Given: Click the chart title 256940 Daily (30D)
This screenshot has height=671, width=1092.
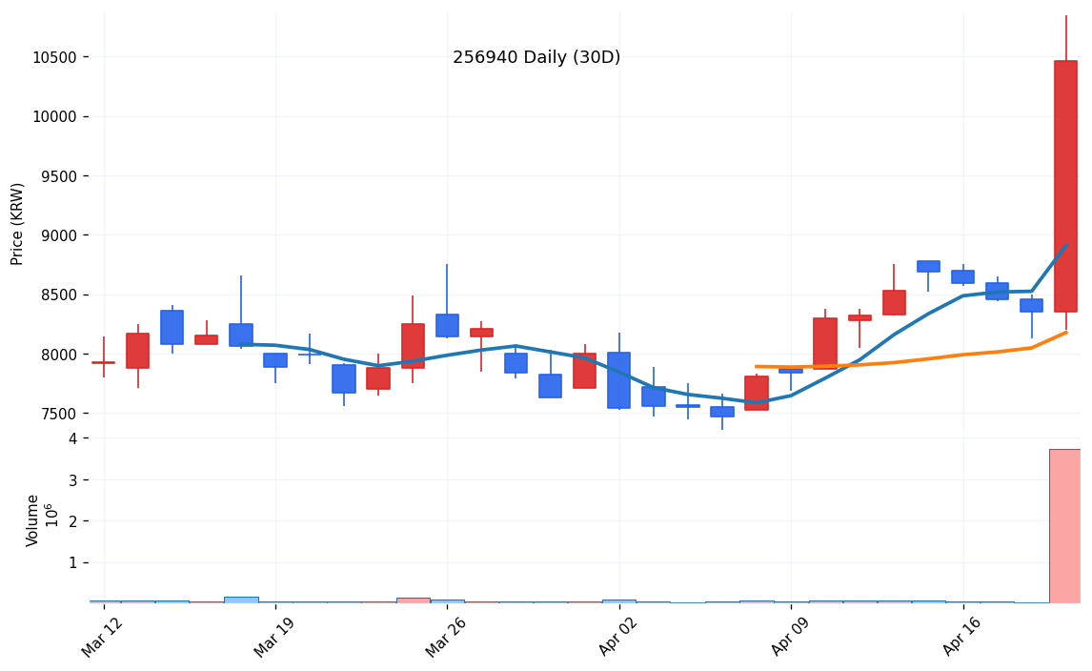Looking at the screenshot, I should coord(536,58).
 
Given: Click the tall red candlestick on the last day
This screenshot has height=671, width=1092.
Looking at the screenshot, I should coord(1065,186).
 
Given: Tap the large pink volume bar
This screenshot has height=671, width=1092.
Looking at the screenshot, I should coord(1065,525).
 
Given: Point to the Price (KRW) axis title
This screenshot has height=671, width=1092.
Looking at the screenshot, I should coord(18,224).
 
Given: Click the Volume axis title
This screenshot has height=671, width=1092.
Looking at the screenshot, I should coord(33,520).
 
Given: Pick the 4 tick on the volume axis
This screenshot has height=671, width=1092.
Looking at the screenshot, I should coord(72,438).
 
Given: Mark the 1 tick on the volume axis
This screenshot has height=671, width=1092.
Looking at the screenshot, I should coord(72,562).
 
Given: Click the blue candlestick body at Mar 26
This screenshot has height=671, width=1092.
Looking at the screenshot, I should coord(447,325).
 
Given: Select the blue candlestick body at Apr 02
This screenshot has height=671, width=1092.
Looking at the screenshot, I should coord(618,380).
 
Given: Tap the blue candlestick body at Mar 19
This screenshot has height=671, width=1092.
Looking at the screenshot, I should coord(275,360).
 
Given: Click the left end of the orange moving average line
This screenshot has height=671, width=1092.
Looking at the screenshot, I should coord(757,366).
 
